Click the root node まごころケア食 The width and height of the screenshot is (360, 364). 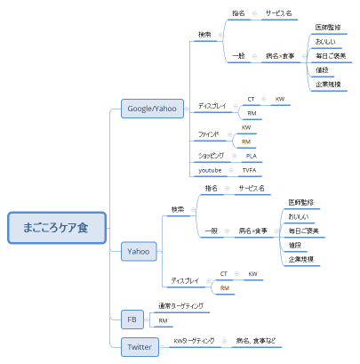pyautogui.click(x=57, y=228)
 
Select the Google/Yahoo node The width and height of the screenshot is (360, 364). pyautogui.click(x=153, y=109)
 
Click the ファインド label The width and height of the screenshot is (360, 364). pyautogui.click(x=210, y=134)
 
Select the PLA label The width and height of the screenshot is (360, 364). pyautogui.click(x=251, y=155)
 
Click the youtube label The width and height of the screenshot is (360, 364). pyautogui.click(x=210, y=169)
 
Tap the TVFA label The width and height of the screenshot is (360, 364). pyautogui.click(x=251, y=169)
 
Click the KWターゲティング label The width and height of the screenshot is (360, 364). pyautogui.click(x=194, y=340)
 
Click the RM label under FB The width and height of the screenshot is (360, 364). pyautogui.click(x=163, y=320)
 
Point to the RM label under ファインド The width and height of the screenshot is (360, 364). pyautogui.click(x=246, y=142)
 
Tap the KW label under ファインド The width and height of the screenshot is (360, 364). pyautogui.click(x=246, y=127)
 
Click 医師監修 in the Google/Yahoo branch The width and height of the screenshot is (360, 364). pyautogui.click(x=327, y=28)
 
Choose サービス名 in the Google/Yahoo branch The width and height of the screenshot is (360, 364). pyautogui.click(x=278, y=13)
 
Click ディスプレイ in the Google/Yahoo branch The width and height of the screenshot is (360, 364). pyautogui.click(x=212, y=106)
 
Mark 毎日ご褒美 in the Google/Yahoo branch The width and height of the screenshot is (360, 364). pyautogui.click(x=329, y=56)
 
